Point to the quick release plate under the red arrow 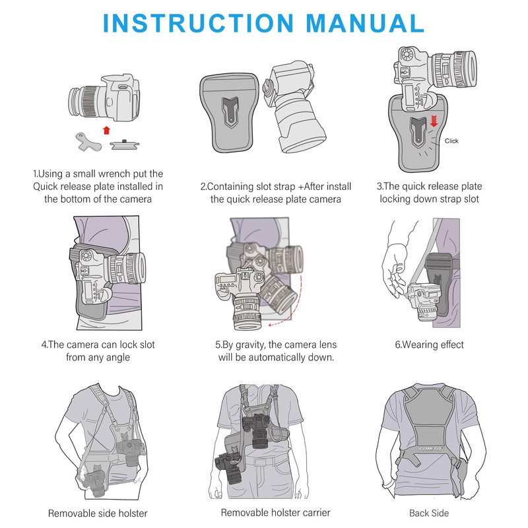click(x=123, y=144)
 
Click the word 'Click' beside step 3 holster click(x=451, y=141)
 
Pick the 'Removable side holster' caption click(x=98, y=513)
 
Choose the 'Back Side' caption click(x=428, y=513)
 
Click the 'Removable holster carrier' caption click(x=275, y=512)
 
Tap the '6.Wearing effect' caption click(x=429, y=345)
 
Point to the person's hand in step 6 click(x=396, y=271)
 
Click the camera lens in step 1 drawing click(x=82, y=102)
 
